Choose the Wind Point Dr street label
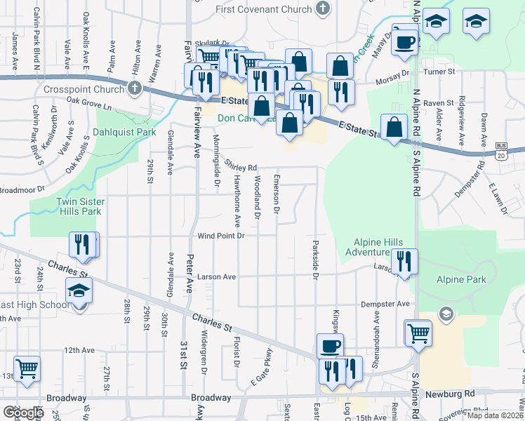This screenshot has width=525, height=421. (x=220, y=236)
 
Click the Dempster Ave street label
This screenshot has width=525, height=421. (x=384, y=304)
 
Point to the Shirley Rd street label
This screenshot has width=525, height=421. (x=241, y=167)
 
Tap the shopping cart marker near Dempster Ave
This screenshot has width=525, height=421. (x=418, y=333)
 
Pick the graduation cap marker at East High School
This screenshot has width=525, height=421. (x=79, y=290)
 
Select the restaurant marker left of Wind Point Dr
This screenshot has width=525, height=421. (x=82, y=244)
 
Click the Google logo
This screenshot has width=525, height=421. (x=23, y=413)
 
